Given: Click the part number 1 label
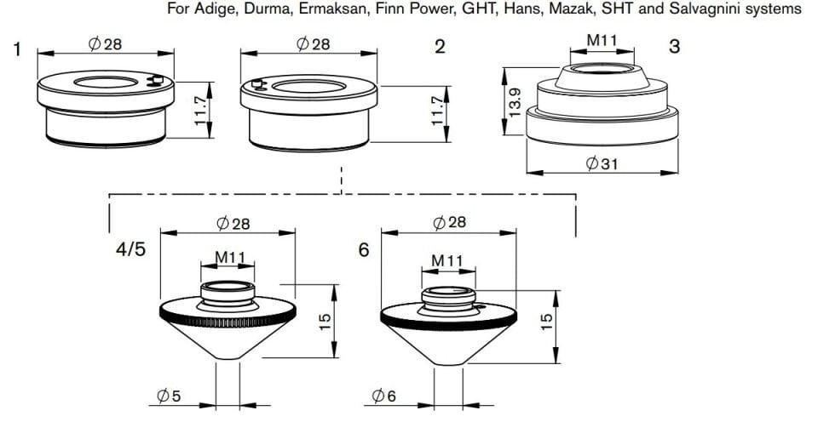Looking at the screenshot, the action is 17,49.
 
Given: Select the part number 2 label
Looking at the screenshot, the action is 440,47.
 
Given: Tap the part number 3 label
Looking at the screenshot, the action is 674,46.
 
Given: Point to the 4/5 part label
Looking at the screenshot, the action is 131,249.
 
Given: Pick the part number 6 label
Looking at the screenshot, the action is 364,250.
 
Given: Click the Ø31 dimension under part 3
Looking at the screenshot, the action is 602,163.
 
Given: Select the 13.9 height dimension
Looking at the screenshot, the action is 515,102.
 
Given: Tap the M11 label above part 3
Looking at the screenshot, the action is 602,40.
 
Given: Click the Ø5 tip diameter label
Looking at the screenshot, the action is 169,396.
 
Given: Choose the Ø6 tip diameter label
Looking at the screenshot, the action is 384,396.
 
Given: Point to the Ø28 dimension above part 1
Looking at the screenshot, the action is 105,44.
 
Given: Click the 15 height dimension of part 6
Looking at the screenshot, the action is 546,322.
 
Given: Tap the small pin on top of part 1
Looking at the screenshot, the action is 156,79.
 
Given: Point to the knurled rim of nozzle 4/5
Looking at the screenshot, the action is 228,316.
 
